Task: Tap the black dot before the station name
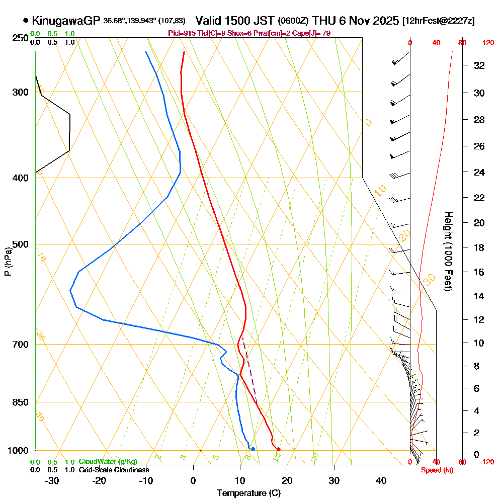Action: point(26,21)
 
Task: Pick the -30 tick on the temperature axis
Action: point(52,480)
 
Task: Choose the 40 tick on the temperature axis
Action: point(381,480)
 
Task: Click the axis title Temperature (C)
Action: point(248,493)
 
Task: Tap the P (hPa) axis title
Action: point(8,262)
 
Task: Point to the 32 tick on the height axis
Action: point(480,65)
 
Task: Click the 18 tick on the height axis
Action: point(480,247)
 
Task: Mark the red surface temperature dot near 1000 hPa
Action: point(278,449)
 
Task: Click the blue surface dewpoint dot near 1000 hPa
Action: point(253,449)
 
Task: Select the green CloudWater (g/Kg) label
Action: point(108,462)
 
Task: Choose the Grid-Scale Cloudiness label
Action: point(114,470)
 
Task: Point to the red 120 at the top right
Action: point(488,43)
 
